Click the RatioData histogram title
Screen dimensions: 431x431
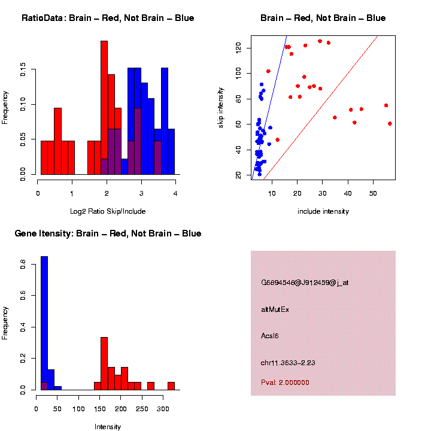click(x=108, y=18)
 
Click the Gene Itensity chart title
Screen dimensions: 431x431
click(x=108, y=233)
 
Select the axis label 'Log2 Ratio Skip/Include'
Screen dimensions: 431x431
click(x=108, y=211)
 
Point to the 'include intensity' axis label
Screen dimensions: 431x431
click(x=323, y=211)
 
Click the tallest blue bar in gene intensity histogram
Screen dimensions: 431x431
click(x=44, y=323)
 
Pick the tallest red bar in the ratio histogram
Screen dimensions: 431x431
click(x=104, y=108)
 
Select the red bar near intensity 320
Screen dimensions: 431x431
click(x=171, y=386)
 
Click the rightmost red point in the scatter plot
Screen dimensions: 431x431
click(x=390, y=123)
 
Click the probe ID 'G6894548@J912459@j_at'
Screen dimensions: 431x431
click(x=305, y=283)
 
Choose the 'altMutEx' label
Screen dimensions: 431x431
click(x=275, y=309)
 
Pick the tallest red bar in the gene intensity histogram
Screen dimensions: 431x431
click(x=104, y=363)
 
